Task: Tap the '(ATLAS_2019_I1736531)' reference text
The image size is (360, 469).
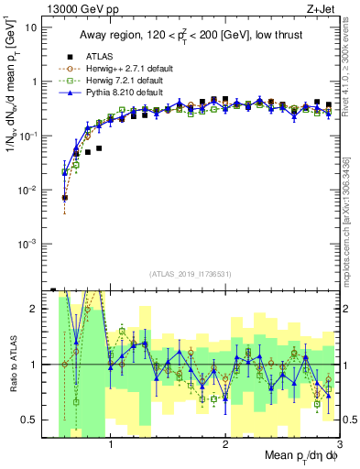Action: [x=191, y=274]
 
